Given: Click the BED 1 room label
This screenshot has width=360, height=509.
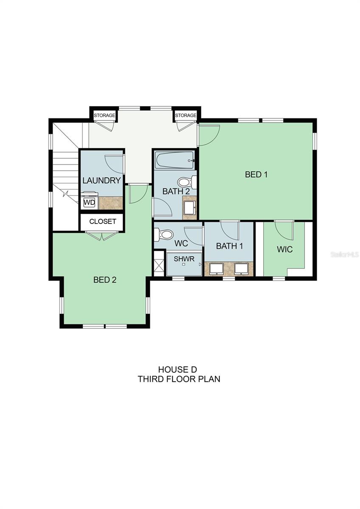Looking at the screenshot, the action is tap(256, 174).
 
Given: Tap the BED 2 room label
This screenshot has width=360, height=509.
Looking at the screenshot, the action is tap(105, 280).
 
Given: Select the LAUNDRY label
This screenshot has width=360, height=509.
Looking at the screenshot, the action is tap(101, 180).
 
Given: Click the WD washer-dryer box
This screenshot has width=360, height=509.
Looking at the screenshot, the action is tap(90, 202).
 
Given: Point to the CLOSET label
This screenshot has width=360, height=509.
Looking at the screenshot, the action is tap(103, 221).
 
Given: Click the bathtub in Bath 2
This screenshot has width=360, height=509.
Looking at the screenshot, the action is tap(174, 160).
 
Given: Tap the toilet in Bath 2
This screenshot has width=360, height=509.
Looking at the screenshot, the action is tap(187, 182).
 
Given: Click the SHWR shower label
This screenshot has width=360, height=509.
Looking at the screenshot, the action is tap(184, 259).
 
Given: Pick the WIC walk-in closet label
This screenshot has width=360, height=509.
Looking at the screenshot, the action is tap(284, 249).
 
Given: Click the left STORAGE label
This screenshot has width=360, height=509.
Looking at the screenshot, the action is tap(104, 115).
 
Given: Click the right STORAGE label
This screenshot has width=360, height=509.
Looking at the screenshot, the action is tap(186, 115).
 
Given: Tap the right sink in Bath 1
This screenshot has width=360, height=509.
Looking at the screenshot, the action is tap(242, 269).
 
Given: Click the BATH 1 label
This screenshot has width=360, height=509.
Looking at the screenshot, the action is tap(230, 246).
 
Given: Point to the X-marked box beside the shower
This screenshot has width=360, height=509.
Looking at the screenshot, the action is tap(159, 263).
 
